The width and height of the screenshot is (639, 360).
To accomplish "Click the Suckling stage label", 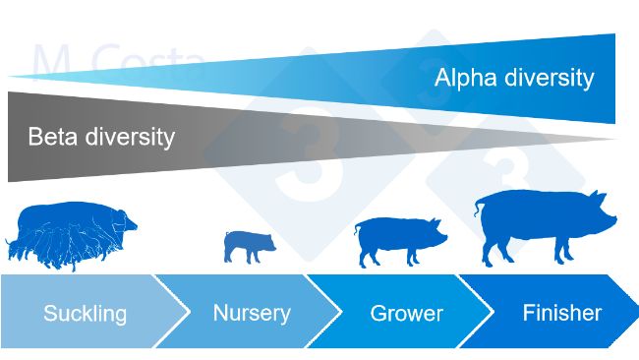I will click(x=85, y=315).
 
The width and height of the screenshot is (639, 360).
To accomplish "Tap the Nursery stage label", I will click(x=252, y=314).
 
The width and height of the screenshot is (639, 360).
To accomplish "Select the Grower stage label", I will click(x=406, y=315).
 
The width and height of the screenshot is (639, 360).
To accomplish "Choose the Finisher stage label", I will click(x=561, y=314).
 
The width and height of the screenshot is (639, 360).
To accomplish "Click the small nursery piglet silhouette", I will click(x=249, y=245).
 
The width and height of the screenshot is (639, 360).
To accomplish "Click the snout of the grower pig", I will click(x=444, y=236).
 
